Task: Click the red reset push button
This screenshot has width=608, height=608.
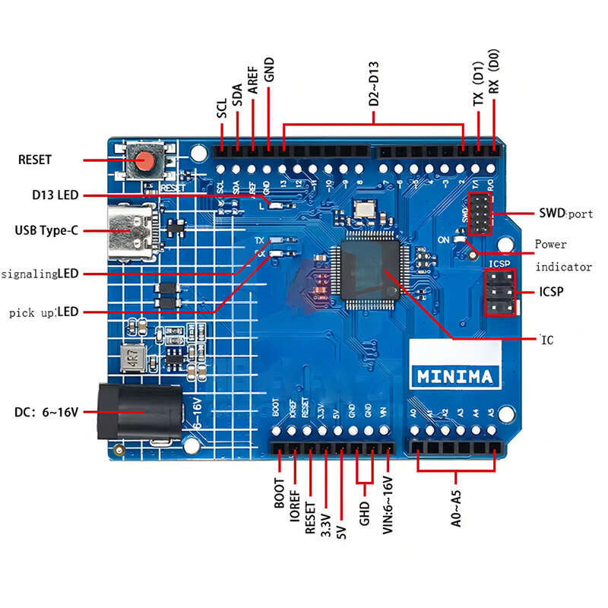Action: click(x=145, y=160)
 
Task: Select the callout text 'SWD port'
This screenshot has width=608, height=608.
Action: click(x=565, y=214)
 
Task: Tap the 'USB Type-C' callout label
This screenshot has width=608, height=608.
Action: click(x=46, y=230)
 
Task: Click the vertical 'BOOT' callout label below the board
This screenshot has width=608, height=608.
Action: click(x=278, y=494)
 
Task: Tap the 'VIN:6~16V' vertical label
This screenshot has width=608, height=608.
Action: click(x=388, y=505)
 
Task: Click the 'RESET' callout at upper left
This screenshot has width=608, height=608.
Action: click(x=35, y=160)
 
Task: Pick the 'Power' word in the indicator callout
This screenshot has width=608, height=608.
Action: click(x=551, y=245)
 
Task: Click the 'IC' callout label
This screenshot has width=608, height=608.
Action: click(x=546, y=340)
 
